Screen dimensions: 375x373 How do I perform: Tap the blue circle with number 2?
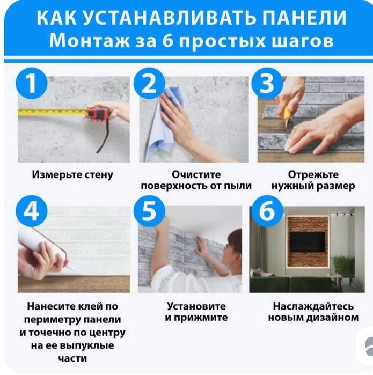(x=152, y=85)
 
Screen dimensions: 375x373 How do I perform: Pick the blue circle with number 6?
(x=267, y=212)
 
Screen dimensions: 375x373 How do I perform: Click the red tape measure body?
(x=98, y=114)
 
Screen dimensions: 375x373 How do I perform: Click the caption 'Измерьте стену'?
(x=73, y=175)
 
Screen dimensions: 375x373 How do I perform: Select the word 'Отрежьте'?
(x=313, y=175)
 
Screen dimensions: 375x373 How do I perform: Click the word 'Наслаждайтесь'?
(x=313, y=306)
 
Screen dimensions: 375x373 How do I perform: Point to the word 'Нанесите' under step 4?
(x=52, y=306)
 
